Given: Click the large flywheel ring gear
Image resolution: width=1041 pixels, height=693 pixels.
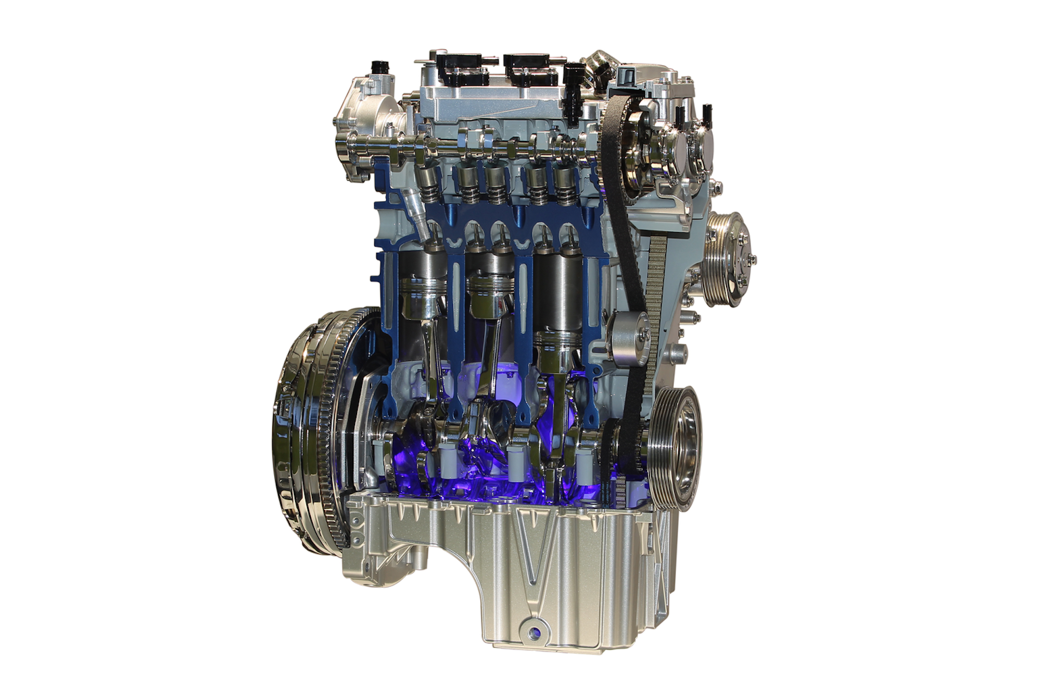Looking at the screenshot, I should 307,432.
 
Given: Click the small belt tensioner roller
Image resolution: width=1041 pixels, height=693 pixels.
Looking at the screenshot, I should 628,335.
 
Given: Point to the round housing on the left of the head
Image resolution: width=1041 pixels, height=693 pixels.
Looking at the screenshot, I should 364,109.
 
